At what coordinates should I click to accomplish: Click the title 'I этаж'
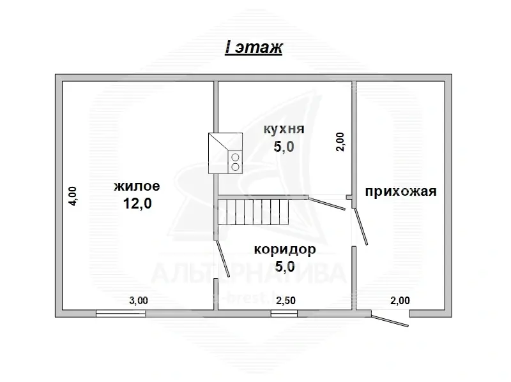coord(254,48)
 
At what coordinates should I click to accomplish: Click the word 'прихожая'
coord(400,191)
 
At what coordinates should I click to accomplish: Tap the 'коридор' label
coord(284,249)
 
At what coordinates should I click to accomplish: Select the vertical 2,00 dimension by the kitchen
coord(340,141)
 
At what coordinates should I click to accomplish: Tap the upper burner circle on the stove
coord(235,157)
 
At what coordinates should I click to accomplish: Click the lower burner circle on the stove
coord(235,167)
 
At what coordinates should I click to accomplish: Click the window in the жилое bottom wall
coord(121,313)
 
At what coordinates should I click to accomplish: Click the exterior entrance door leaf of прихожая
coord(390,321)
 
